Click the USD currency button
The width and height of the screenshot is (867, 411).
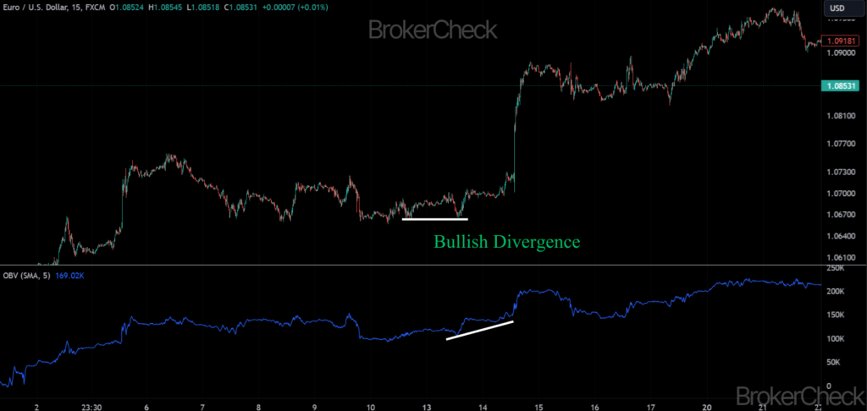click(837, 8)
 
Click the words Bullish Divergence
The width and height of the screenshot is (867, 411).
click(506, 242)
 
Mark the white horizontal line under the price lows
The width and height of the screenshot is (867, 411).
click(434, 220)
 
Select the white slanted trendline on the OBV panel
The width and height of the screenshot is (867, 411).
click(479, 331)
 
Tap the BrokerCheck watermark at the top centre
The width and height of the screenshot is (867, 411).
click(433, 30)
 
